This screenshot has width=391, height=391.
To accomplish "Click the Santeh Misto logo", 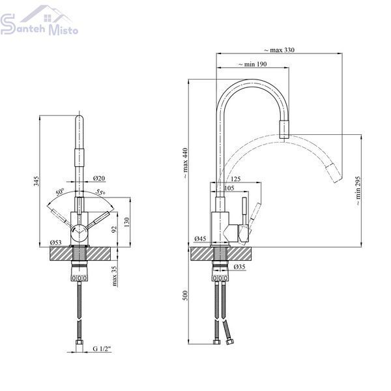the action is (x=39, y=20).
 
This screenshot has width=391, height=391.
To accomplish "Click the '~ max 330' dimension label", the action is (x=279, y=50).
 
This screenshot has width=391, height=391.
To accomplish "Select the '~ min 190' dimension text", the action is (x=252, y=64).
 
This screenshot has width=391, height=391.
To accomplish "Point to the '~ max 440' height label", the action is (x=185, y=163).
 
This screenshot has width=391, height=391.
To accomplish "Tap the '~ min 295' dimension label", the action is (x=358, y=191).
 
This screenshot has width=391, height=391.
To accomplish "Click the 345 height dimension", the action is (x=36, y=181).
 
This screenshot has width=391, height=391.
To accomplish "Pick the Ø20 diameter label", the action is (x=99, y=178).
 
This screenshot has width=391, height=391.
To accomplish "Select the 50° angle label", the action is (x=60, y=192).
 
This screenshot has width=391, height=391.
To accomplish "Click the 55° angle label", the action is (x=101, y=192).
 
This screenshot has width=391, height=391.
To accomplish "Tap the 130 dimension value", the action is (x=127, y=222).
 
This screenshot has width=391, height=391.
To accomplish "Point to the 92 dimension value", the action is (x=114, y=229).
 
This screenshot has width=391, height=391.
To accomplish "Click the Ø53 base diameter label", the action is (x=55, y=242).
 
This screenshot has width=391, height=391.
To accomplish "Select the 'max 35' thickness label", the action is (x=114, y=276).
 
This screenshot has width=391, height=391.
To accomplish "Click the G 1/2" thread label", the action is (x=102, y=349).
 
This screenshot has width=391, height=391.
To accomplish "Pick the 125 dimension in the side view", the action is (x=236, y=179).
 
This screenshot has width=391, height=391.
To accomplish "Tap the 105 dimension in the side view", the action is (x=229, y=188).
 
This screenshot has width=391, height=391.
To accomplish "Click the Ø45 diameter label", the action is (x=200, y=239).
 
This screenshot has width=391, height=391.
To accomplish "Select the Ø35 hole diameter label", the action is (x=240, y=267).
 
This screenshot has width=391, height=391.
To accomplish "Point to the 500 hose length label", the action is (x=185, y=295).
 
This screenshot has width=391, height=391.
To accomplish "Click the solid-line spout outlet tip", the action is (x=284, y=138).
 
